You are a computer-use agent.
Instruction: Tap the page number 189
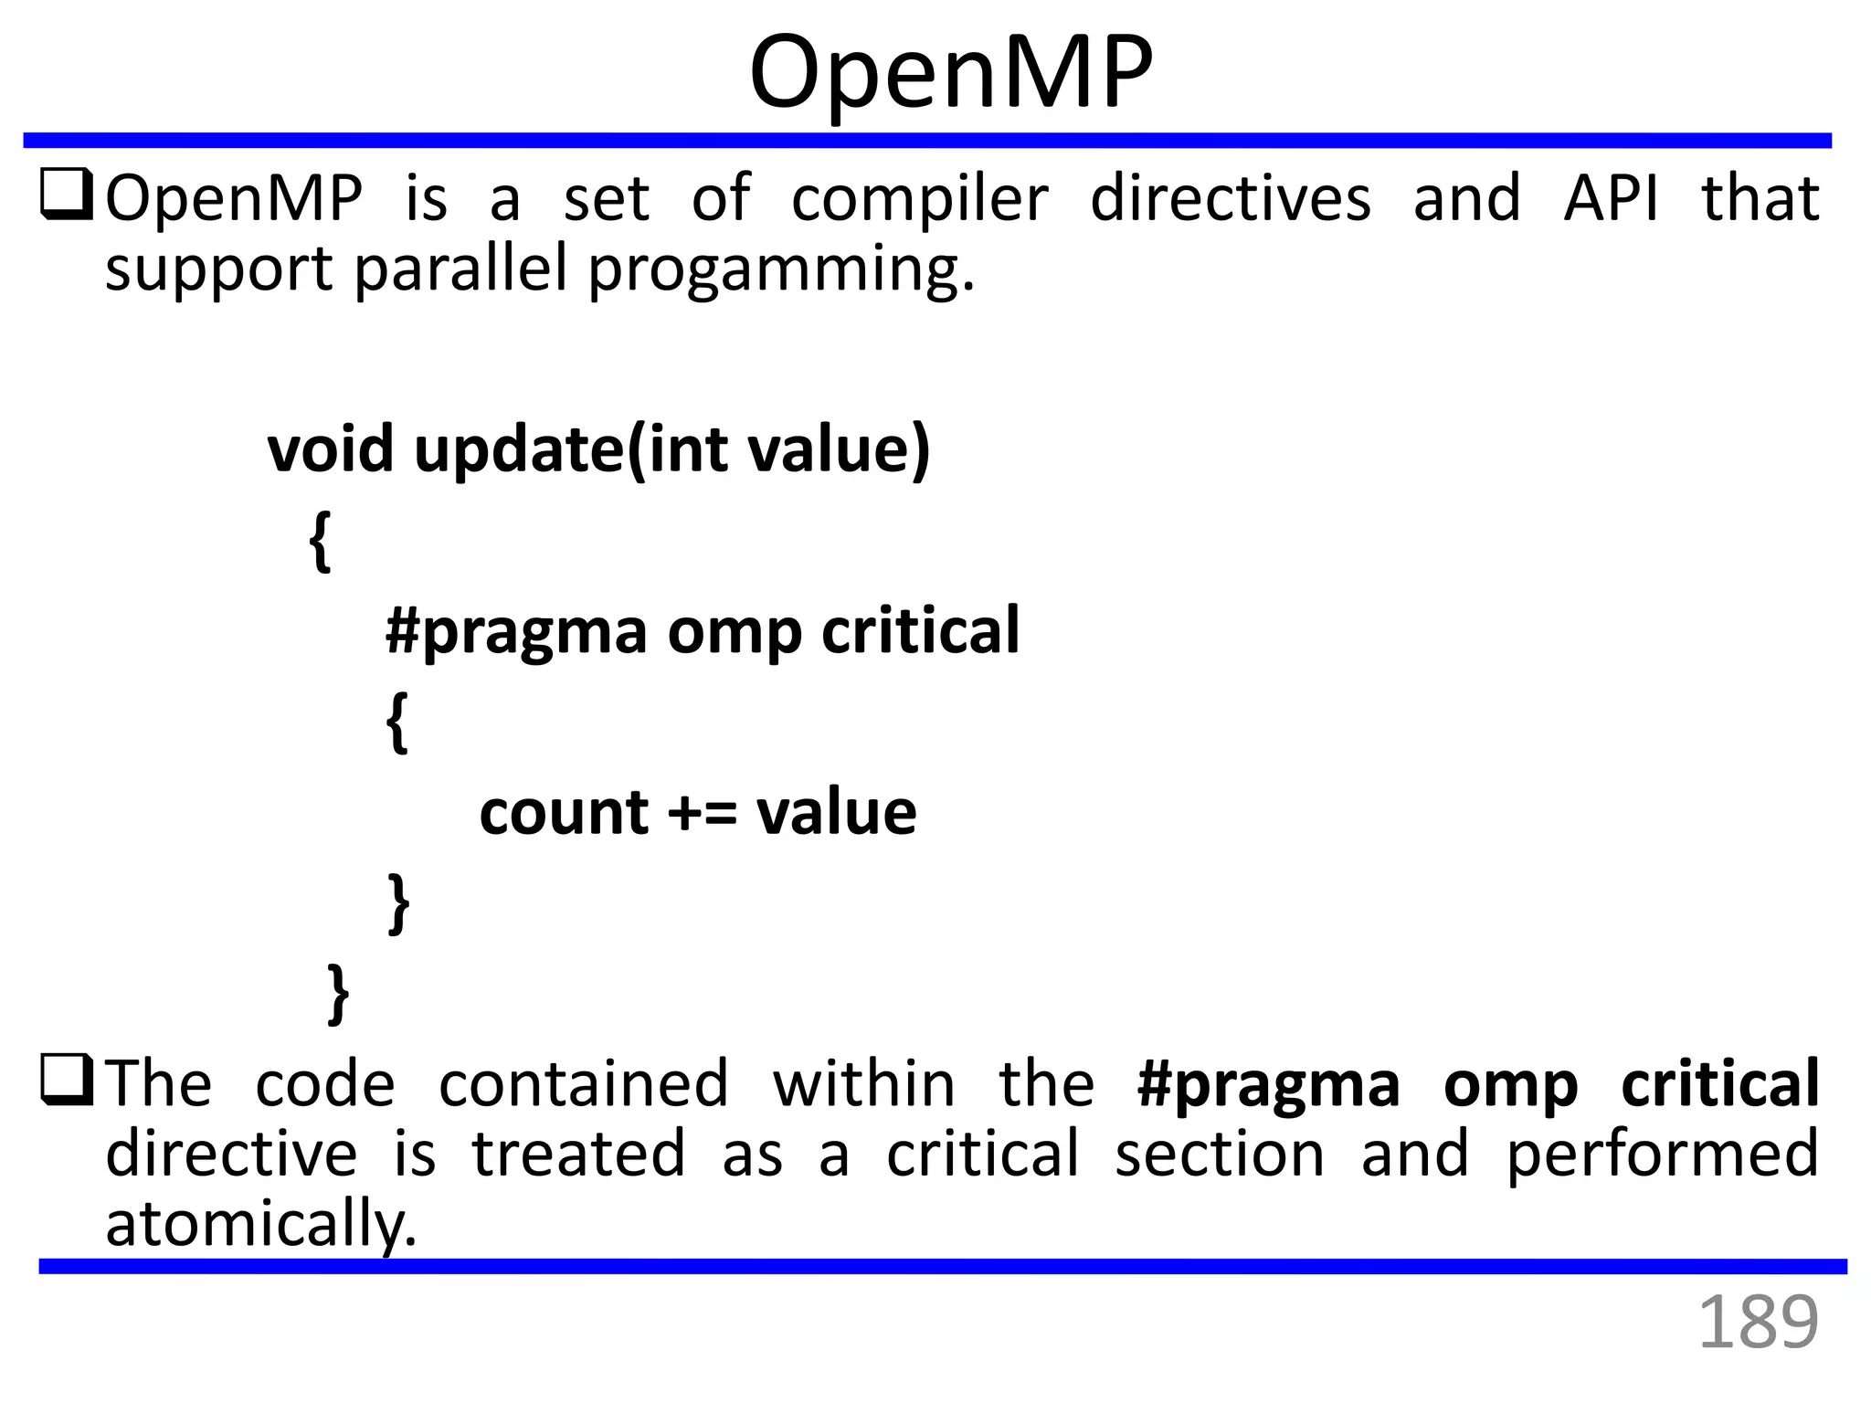click(x=1757, y=1322)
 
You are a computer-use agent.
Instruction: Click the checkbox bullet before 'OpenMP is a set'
click(x=66, y=195)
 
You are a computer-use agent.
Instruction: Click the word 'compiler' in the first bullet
click(x=919, y=199)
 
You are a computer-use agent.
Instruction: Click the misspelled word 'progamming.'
click(x=781, y=270)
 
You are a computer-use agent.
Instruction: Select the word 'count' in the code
click(x=564, y=812)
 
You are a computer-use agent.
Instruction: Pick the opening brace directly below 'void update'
click(x=320, y=541)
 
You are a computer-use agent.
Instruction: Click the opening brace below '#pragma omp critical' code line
click(x=396, y=721)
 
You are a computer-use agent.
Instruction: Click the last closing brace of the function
click(x=338, y=993)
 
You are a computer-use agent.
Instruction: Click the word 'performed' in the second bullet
click(x=1661, y=1154)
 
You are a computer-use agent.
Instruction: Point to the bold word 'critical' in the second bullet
click(x=1719, y=1083)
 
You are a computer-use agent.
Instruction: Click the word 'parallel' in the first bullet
click(x=461, y=270)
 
